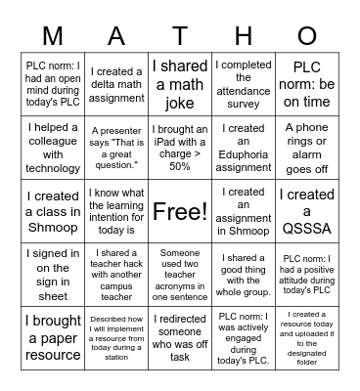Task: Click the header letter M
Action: point(53,36)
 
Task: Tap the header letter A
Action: point(116,36)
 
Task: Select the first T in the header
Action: point(180,36)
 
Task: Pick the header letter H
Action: point(244,36)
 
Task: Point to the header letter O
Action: point(306,36)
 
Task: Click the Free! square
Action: point(180,211)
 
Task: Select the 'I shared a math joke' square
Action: point(180,85)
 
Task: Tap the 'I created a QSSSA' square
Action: point(306,211)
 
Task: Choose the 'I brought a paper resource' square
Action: point(53,336)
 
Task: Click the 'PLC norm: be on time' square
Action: point(306,85)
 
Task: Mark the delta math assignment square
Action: point(116,85)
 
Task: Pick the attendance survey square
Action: point(244,85)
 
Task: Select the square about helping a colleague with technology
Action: point(53,148)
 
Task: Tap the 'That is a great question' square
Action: point(116,148)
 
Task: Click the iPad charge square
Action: point(180,148)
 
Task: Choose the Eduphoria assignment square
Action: point(244,148)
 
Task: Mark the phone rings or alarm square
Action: point(306,148)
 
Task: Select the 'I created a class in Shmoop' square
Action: point(53,211)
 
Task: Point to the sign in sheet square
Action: point(53,274)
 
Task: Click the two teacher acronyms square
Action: point(180,274)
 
